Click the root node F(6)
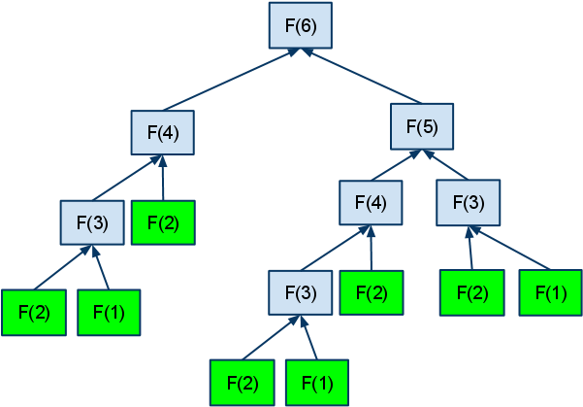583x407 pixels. [x=301, y=26]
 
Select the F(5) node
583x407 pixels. [x=423, y=126]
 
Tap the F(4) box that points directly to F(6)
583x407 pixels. [x=163, y=132]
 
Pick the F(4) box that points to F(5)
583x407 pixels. [x=372, y=203]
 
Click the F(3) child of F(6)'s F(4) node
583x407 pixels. [x=91, y=222]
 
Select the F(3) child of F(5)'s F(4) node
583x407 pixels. [x=301, y=292]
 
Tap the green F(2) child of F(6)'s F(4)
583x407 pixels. [x=163, y=222]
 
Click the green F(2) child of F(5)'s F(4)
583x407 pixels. [x=372, y=292]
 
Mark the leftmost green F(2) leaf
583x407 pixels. [x=34, y=313]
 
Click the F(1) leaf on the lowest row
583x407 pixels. [x=316, y=382]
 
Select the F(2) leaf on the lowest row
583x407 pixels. [x=242, y=382]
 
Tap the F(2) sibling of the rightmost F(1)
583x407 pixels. [x=472, y=292]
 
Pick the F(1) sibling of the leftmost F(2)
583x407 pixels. [x=109, y=313]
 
